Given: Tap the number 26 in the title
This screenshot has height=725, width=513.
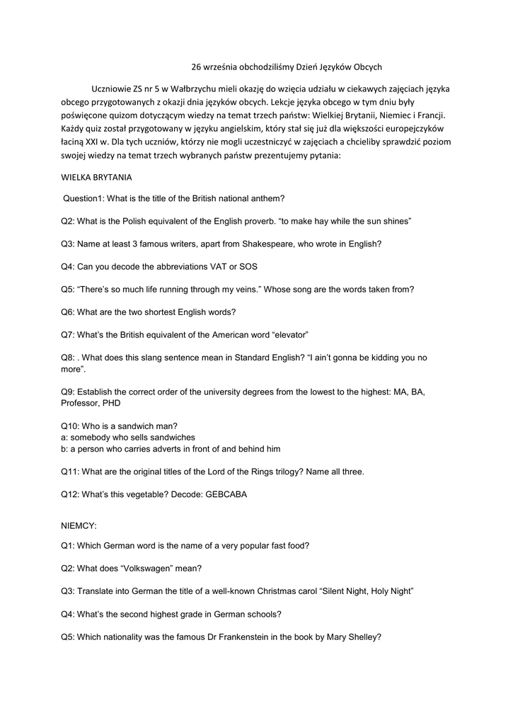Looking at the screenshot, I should [x=197, y=67].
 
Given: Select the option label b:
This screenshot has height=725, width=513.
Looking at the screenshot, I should [x=64, y=449].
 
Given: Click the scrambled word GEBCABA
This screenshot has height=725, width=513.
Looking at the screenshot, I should [x=229, y=495].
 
